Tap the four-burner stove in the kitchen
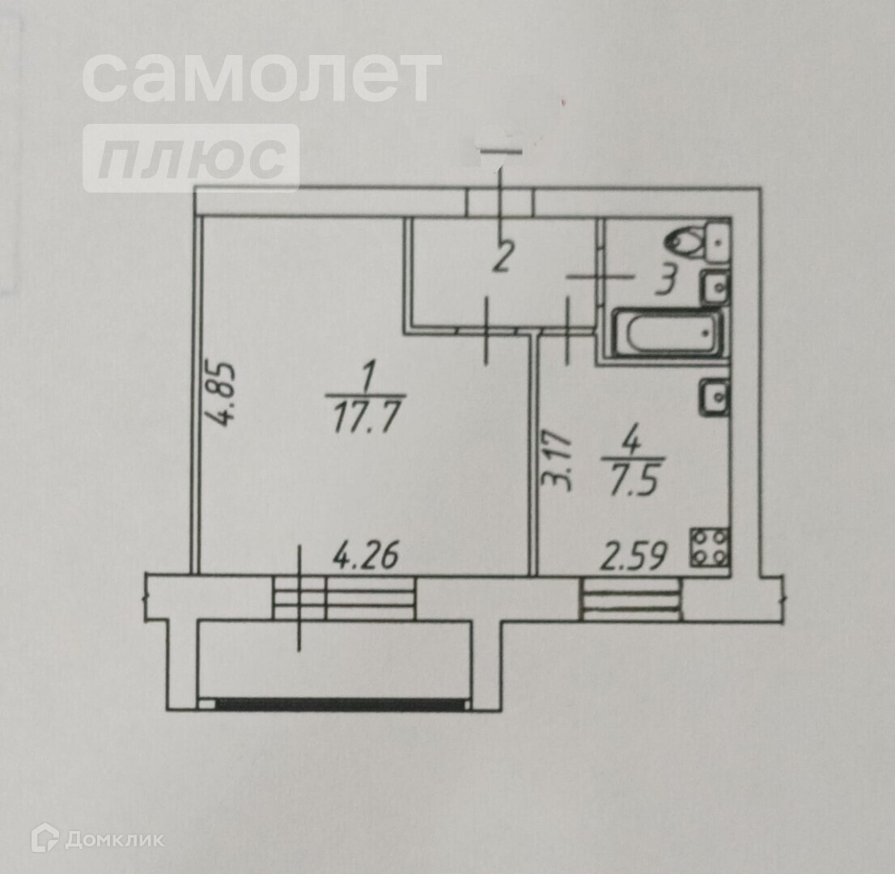pos(710,547)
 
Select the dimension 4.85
pos(219,393)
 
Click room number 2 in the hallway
pos(502,258)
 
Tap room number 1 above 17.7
pos(369,376)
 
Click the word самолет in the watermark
pos(261,77)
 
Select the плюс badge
pos(191,158)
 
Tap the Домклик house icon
pos(45,838)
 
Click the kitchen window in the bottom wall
pos(631,600)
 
